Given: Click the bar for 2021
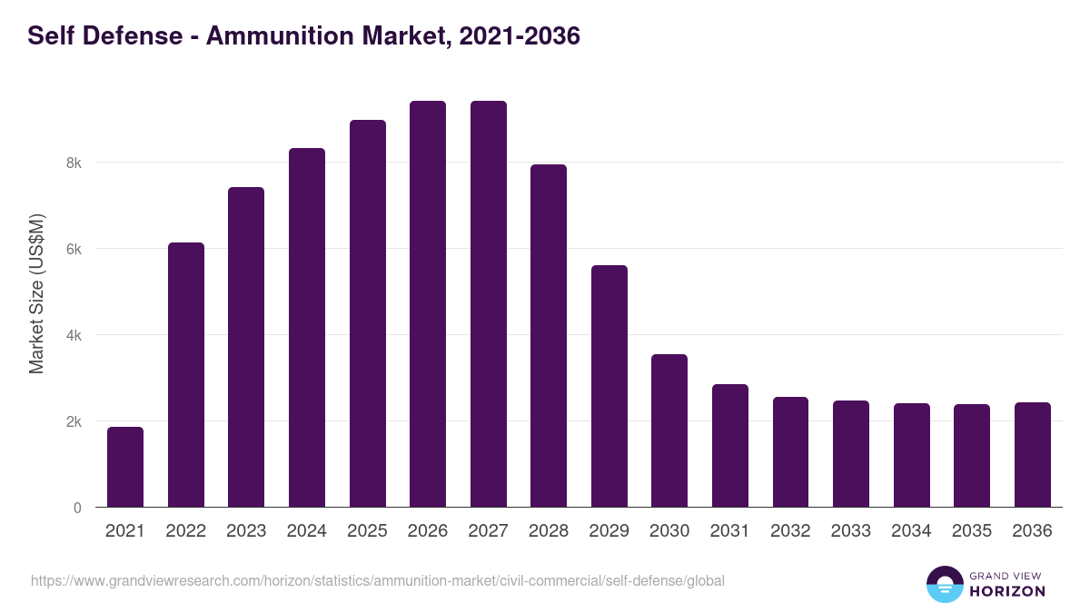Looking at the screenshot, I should tap(125, 467).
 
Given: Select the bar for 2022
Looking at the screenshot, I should tap(186, 375).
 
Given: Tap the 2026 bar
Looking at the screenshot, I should tap(428, 304).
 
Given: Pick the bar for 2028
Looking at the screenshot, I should tap(549, 336).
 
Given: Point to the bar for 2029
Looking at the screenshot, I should tap(609, 386).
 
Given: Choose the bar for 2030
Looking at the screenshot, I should tap(669, 430).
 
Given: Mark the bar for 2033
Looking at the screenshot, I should tap(851, 454).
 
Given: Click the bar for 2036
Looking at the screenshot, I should tap(1032, 455).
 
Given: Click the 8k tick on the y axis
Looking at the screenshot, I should tap(73, 163).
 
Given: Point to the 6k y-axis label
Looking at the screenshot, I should tap(73, 250).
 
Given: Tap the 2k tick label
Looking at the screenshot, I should tap(73, 422).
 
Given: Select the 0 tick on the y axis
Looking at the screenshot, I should tap(77, 508).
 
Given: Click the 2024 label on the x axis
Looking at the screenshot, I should tap(307, 531).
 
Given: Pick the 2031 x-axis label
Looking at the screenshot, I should tap(729, 531).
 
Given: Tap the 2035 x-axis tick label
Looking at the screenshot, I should tap(971, 531).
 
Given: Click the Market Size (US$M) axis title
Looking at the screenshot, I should tap(36, 293).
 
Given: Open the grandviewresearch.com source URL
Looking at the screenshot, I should tap(378, 580).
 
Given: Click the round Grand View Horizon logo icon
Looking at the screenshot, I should tap(944, 584).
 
